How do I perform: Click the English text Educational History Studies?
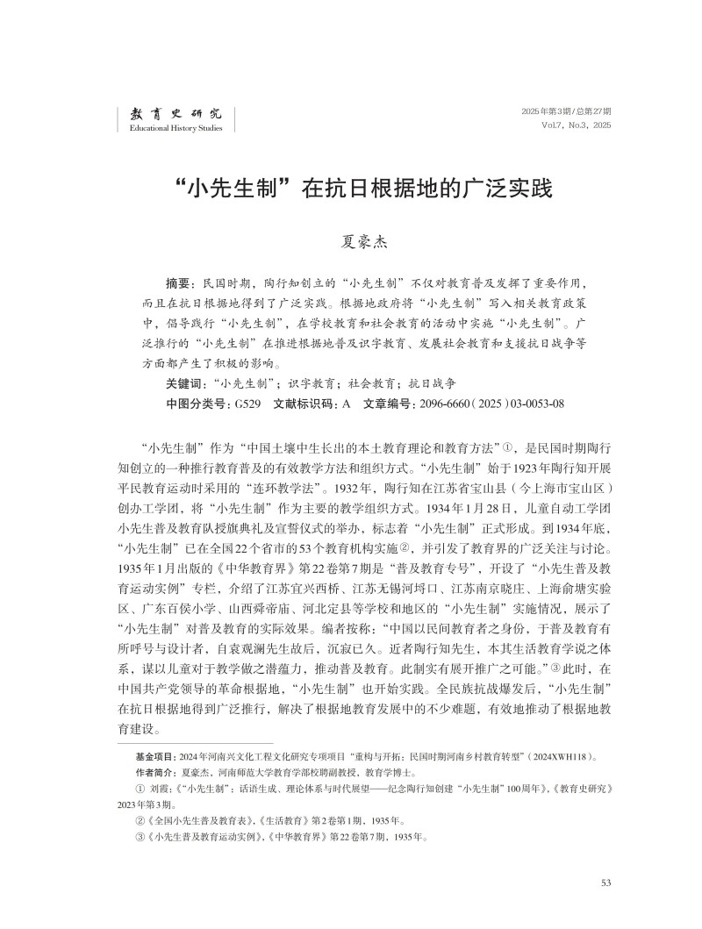pyautogui.click(x=175, y=129)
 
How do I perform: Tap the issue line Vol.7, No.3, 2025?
pyautogui.click(x=577, y=125)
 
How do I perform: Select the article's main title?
pyautogui.click(x=350, y=189)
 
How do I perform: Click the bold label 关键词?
pyautogui.click(x=183, y=383)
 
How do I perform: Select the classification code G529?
pyautogui.click(x=245, y=404)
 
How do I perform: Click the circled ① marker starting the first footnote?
pyautogui.click(x=140, y=789)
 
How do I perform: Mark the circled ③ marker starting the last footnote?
pyautogui.click(x=140, y=838)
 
